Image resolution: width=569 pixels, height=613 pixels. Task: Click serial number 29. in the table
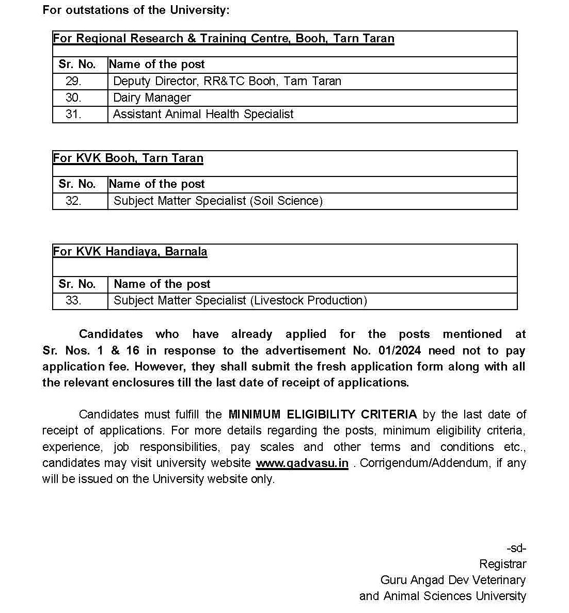coord(73,81)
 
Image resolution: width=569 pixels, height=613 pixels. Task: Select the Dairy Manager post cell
coord(152,98)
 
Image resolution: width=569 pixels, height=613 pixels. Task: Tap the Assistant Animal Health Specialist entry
coord(203,114)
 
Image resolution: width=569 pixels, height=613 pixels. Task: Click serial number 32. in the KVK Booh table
coord(73,201)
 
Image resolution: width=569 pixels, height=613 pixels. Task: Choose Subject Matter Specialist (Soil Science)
coord(218,201)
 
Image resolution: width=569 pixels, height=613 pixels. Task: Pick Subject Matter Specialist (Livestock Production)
coord(240,300)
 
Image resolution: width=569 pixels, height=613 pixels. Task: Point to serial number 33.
coord(73,300)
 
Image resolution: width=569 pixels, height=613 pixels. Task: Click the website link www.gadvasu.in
coord(302,463)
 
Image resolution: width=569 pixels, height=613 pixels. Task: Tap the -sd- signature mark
coord(516,548)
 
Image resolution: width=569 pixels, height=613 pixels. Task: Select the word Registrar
coord(502,564)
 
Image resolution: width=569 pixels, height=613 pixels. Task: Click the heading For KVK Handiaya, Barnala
coord(130,252)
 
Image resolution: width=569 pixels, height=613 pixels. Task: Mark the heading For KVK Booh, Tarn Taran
coord(128,158)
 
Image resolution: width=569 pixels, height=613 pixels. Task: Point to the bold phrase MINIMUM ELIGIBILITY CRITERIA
coord(323,414)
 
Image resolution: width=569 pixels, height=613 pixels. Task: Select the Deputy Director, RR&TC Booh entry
coord(227,81)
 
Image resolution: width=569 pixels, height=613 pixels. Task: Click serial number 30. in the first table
coord(73,98)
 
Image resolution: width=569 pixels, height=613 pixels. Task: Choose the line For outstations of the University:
coord(136,10)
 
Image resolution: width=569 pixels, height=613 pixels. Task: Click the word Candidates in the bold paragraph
coord(110,334)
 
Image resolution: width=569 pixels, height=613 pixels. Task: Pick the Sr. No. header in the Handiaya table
coord(77,284)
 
